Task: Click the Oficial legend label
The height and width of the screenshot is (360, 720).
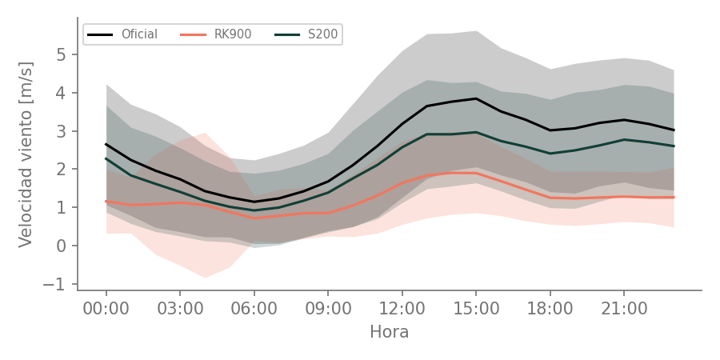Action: click(x=139, y=34)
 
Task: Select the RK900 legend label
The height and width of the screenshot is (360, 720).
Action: click(x=233, y=34)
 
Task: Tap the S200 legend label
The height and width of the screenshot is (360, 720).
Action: click(x=323, y=34)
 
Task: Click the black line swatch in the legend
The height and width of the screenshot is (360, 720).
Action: click(x=100, y=34)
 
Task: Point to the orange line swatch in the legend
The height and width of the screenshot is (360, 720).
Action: click(x=193, y=34)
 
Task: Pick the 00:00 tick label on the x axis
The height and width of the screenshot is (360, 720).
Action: click(x=106, y=309)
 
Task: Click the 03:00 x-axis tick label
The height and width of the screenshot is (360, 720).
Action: click(x=180, y=309)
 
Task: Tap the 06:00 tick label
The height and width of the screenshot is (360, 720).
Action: click(x=254, y=309)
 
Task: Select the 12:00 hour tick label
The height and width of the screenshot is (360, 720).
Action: click(x=402, y=309)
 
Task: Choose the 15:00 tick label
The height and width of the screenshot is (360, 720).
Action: click(x=476, y=309)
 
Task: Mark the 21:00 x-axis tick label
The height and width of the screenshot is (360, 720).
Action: click(x=623, y=309)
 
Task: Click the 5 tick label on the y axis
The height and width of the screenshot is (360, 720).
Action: click(x=62, y=54)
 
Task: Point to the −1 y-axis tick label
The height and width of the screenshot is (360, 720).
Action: click(x=55, y=284)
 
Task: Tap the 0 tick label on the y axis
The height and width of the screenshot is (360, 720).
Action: click(x=62, y=246)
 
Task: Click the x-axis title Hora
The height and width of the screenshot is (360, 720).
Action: click(x=390, y=332)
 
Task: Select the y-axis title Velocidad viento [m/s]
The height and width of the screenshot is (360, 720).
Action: click(x=26, y=154)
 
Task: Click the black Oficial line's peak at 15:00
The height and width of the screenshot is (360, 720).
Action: click(x=476, y=98)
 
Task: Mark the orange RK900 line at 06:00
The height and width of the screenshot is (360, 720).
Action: click(x=254, y=218)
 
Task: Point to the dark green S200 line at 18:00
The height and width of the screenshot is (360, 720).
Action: click(x=550, y=154)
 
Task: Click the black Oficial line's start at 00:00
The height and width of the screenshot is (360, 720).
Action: click(x=106, y=144)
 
